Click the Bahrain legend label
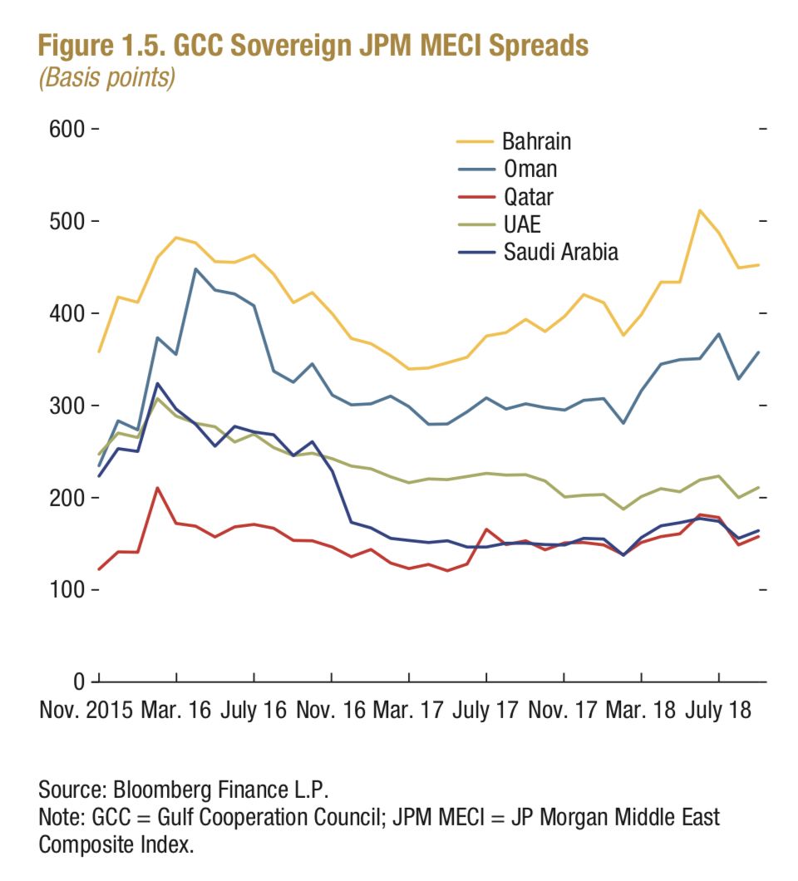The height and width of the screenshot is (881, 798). tap(536, 141)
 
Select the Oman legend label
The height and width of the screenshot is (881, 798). tap(530, 169)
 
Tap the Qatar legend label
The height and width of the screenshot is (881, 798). tap(528, 197)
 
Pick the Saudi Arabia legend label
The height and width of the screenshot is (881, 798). tap(561, 253)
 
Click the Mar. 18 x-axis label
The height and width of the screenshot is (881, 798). tap(642, 712)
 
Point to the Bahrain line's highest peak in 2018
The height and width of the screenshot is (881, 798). tap(700, 210)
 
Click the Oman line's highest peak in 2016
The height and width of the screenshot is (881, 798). tap(195, 269)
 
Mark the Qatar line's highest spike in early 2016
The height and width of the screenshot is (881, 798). tap(157, 488)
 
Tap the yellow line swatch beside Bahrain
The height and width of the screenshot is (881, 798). tap(474, 141)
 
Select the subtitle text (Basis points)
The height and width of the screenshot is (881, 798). tap(106, 79)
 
